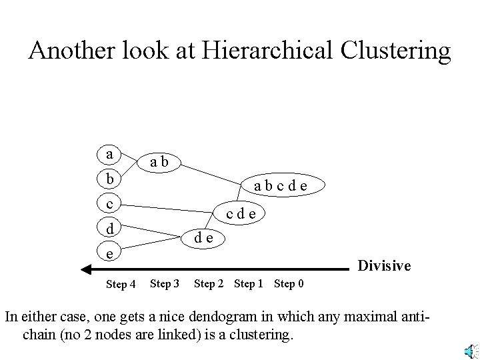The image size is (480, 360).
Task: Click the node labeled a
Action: coord(109,155)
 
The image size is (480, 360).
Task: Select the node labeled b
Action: coord(109,179)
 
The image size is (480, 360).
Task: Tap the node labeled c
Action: coord(109,203)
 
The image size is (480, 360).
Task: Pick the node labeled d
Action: coord(109,228)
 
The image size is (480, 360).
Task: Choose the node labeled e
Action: coord(109,253)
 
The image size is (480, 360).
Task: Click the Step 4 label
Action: coord(121,285)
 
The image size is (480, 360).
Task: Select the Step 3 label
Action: coord(165,284)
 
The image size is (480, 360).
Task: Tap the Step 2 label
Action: coord(209,284)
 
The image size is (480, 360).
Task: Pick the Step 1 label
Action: coord(249,284)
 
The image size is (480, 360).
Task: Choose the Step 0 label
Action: coord(289,284)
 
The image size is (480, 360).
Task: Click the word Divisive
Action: coord(385,266)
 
